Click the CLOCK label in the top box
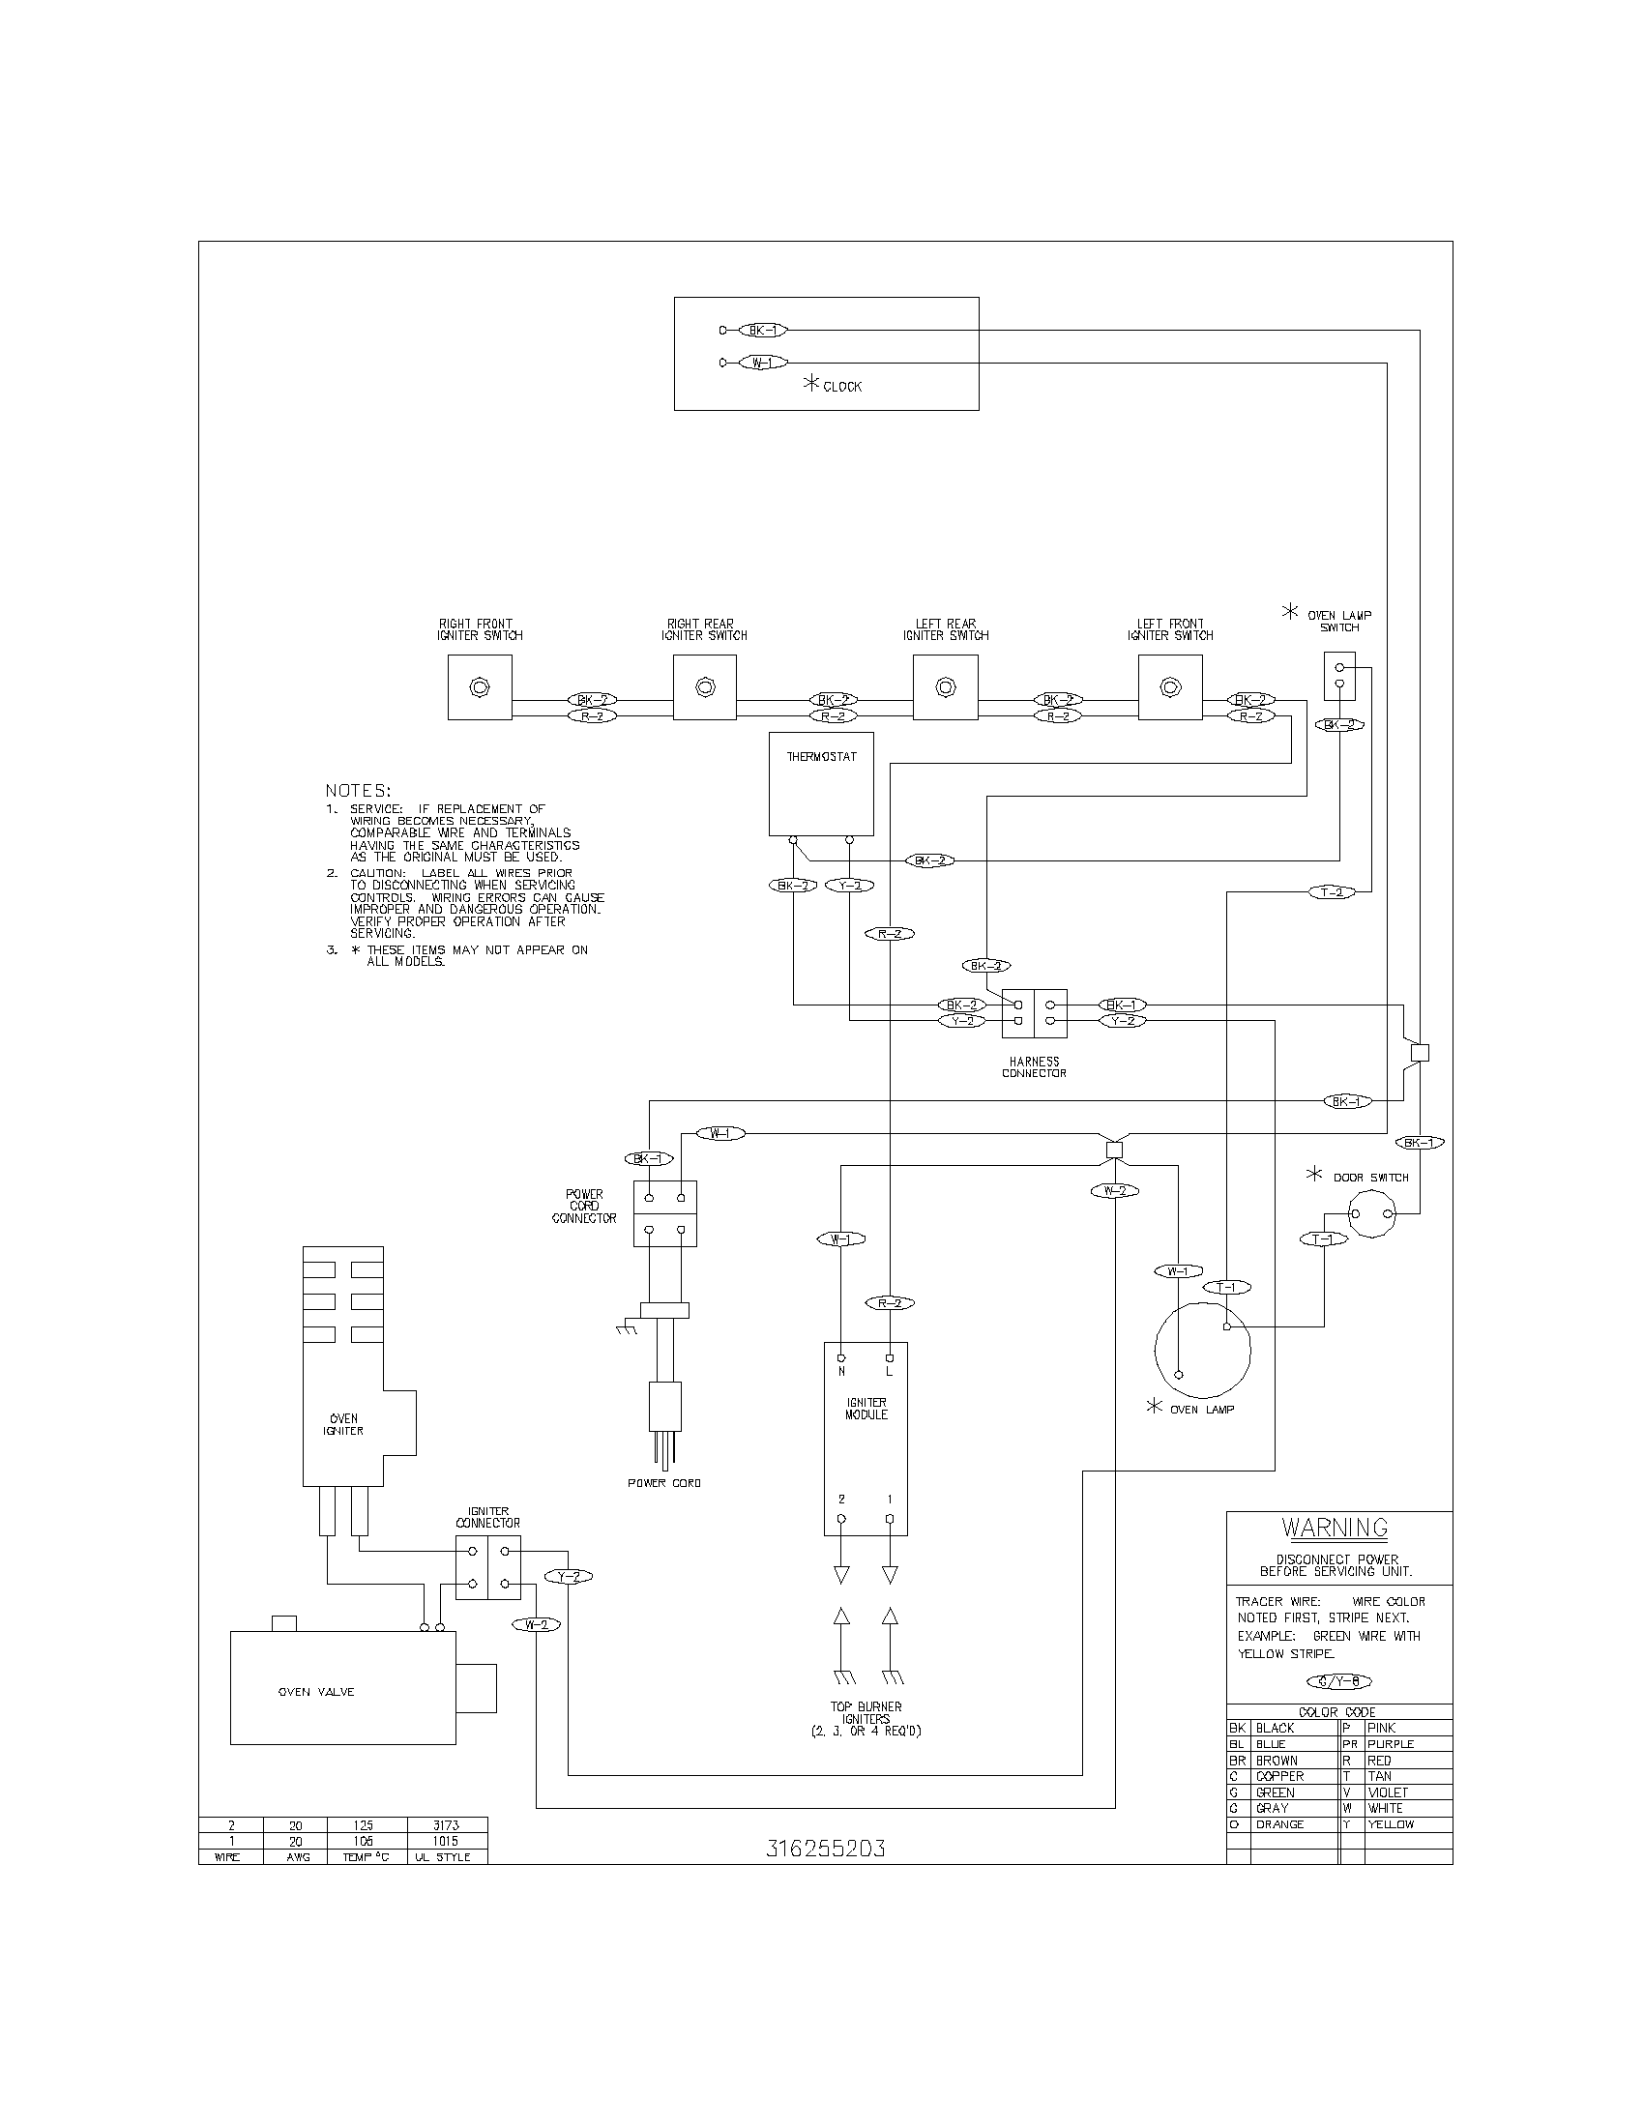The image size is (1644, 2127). pyautogui.click(x=841, y=387)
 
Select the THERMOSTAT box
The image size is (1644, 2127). pyautogui.click(x=821, y=784)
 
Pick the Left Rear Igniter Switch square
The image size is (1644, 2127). pyautogui.click(x=945, y=687)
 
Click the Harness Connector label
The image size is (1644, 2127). pyautogui.click(x=1035, y=1067)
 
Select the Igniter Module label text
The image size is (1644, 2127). pyautogui.click(x=866, y=1410)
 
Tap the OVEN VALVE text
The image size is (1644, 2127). pyautogui.click(x=316, y=1692)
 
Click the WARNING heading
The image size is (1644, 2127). pyautogui.click(x=1335, y=1527)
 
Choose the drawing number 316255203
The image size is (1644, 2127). pyautogui.click(x=826, y=1849)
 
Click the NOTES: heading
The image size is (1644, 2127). pyautogui.click(x=358, y=791)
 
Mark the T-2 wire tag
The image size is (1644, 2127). pyautogui.click(x=1332, y=892)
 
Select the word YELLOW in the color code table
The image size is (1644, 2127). pyautogui.click(x=1390, y=1824)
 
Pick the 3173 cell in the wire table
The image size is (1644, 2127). pyautogui.click(x=445, y=1825)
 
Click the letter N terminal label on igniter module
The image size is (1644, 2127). pyautogui.click(x=841, y=1372)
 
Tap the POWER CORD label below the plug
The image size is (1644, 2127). pyautogui.click(x=664, y=1483)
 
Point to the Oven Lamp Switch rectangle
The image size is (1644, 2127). pyautogui.click(x=1339, y=676)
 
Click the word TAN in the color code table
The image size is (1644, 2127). pyautogui.click(x=1379, y=1776)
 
